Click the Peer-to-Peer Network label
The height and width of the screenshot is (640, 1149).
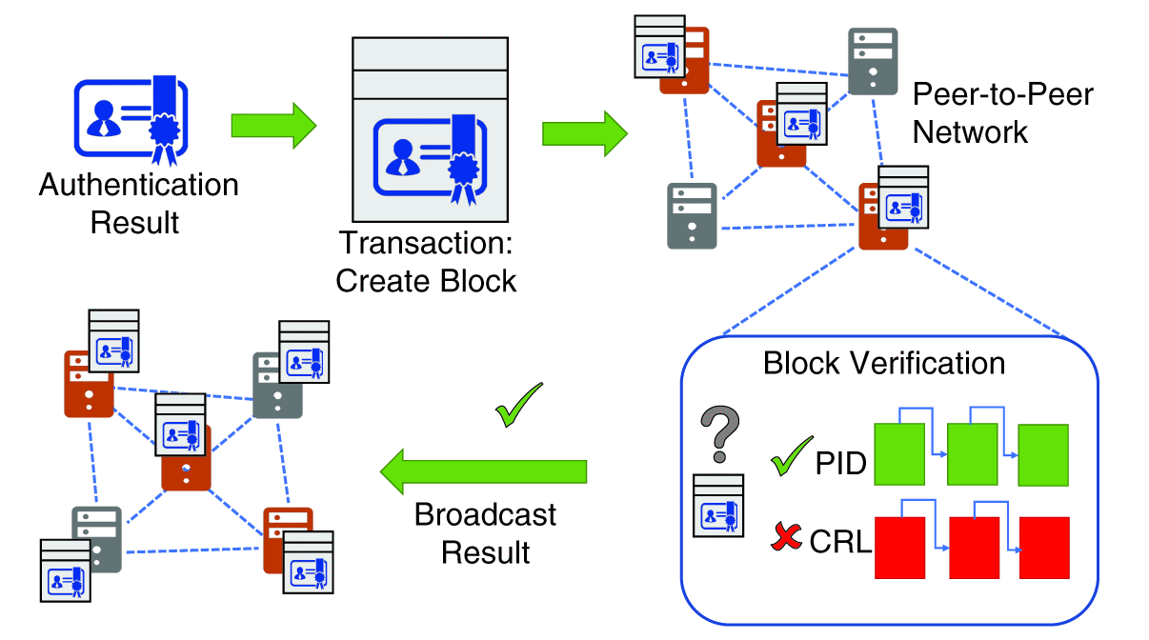[x=1002, y=112]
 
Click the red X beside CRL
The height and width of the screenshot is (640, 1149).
[x=787, y=540]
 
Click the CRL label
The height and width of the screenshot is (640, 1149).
[x=840, y=543]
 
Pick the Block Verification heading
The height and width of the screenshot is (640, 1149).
[x=884, y=363]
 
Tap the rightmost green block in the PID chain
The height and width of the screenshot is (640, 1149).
[x=1043, y=455]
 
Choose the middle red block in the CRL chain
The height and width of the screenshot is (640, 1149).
[x=975, y=548]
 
